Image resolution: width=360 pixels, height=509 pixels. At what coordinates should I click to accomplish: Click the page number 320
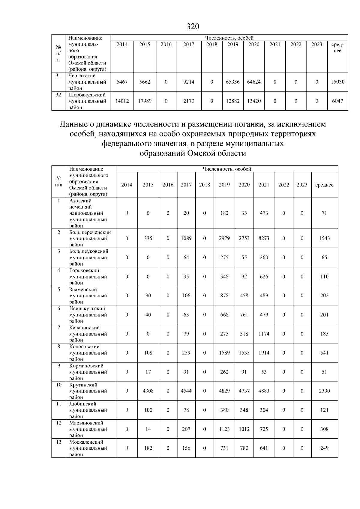193,27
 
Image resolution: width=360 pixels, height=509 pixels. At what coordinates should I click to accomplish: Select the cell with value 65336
232,82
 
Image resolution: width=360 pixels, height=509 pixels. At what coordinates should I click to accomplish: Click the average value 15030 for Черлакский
337,82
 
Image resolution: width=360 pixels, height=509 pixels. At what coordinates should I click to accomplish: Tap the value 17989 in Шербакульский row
145,101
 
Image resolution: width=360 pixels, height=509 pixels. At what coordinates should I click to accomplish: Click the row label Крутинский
83,385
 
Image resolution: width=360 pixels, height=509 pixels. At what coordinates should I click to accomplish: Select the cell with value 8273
264,238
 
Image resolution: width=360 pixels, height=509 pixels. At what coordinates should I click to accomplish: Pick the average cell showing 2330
324,391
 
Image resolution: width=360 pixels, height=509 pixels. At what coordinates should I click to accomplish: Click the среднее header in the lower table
324,185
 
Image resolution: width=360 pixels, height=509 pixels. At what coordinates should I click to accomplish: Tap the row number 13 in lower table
59,442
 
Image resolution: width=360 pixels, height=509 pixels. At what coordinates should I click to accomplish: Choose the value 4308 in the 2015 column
148,391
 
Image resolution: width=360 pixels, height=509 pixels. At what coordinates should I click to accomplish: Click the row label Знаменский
83,290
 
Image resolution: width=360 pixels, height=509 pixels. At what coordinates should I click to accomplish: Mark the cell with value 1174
264,334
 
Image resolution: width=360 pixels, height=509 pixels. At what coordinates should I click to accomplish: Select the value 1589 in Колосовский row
224,353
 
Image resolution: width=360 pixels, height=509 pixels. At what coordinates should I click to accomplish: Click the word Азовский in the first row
80,201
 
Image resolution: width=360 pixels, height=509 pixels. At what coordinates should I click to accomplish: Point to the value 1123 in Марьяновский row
224,429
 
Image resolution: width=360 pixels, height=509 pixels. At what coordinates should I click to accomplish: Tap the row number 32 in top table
58,95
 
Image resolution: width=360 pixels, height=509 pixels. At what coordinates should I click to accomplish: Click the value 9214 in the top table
189,82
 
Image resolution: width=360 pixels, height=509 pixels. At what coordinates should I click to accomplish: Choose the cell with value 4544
186,391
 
